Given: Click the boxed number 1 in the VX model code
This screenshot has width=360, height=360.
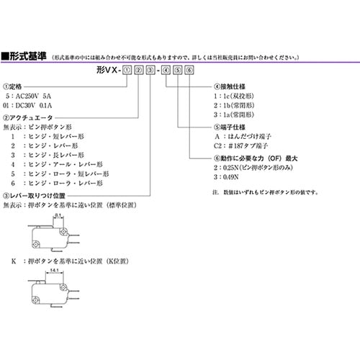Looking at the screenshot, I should coord(127,70).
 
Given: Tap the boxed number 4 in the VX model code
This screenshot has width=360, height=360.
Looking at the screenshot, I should coord(166,70).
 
